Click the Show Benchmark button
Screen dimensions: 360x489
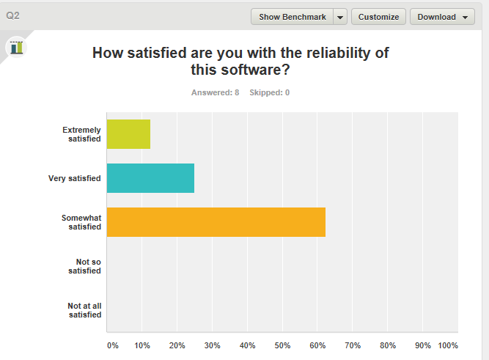click(292, 17)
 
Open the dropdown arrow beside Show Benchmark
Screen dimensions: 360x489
click(340, 17)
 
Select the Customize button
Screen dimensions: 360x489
click(378, 17)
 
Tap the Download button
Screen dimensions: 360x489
click(442, 17)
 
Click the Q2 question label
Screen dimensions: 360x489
click(12, 15)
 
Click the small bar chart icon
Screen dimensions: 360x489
click(16, 47)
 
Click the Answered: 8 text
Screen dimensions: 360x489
click(215, 92)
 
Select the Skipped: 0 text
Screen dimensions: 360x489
click(269, 92)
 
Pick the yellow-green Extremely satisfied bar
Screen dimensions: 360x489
click(128, 134)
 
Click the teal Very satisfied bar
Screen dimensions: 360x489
click(150, 178)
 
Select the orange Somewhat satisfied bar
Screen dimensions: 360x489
click(216, 222)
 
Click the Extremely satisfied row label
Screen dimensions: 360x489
click(81, 134)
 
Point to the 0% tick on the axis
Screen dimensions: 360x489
click(112, 345)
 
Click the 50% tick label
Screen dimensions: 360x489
click(282, 345)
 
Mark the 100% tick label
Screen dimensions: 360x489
click(448, 345)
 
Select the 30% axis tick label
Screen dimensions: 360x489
click(212, 345)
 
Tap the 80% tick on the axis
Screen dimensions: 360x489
click(388, 345)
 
